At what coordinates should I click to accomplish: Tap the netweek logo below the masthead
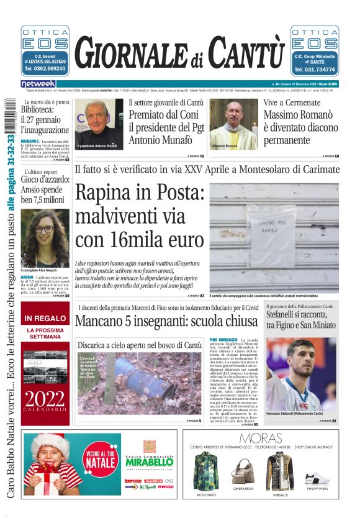click(x=38, y=83)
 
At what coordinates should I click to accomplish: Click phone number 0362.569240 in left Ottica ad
click(x=45, y=69)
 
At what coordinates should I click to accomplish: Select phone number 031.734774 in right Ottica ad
click(x=315, y=70)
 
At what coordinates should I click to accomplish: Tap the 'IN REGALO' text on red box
click(x=45, y=318)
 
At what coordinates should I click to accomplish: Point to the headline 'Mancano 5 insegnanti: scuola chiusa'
click(x=166, y=322)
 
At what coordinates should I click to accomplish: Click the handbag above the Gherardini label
click(x=243, y=473)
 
